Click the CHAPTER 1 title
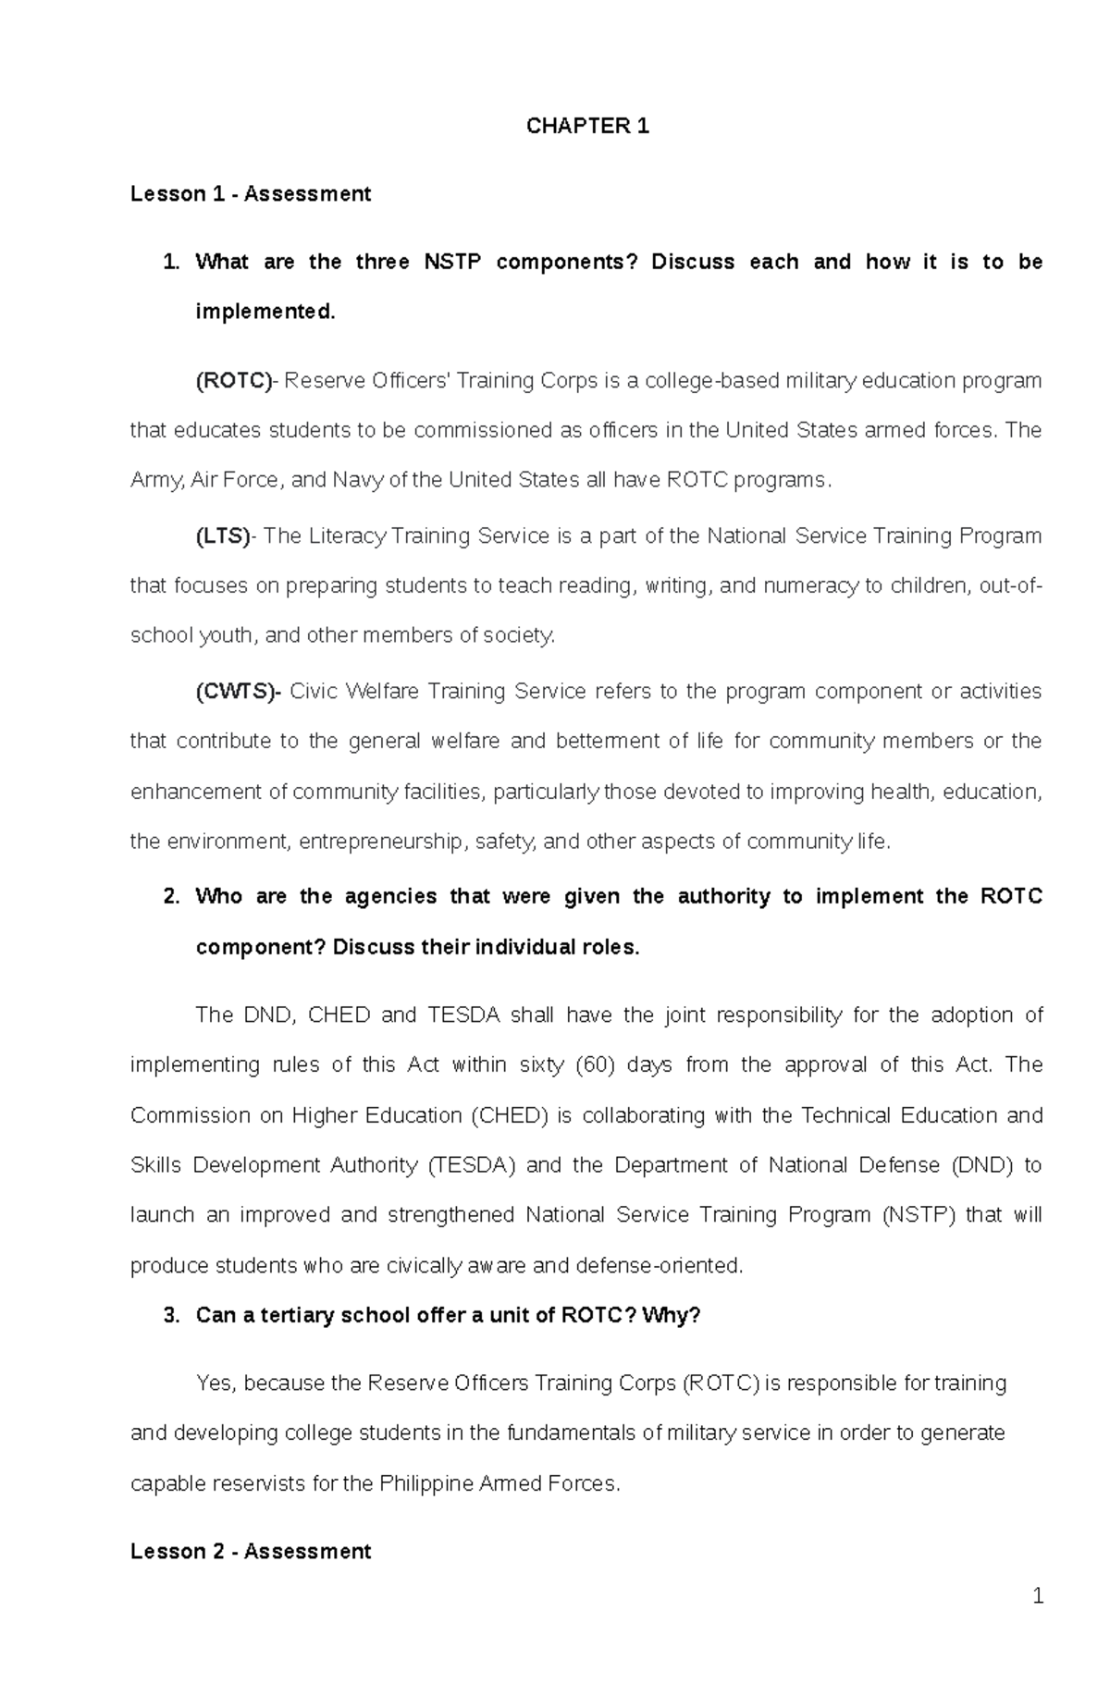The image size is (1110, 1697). tap(587, 127)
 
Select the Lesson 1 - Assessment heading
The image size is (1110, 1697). tap(251, 194)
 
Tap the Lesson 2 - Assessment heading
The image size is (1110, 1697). tap(251, 1552)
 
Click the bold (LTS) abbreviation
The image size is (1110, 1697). tap(223, 536)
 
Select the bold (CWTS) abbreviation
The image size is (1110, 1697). tap(237, 692)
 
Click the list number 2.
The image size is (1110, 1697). tap(170, 897)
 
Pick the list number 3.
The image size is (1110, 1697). tap(170, 1315)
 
